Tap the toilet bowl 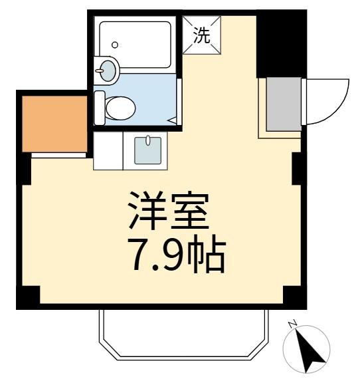[x=121, y=108]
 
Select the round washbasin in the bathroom [x=107, y=68]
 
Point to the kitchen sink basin [x=149, y=150]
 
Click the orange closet [x=55, y=124]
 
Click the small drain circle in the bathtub [x=115, y=45]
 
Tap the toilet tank [x=100, y=108]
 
